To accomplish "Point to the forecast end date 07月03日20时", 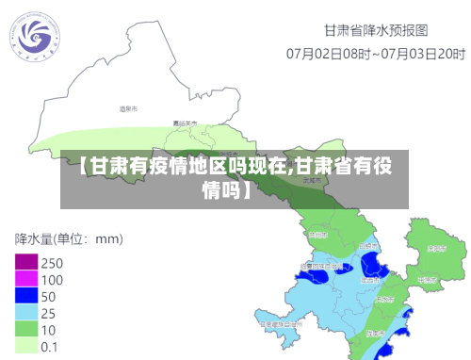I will coord(414,53).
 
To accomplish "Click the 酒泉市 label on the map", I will coord(129,109).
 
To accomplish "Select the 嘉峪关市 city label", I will coord(186,123).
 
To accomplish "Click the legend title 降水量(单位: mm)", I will coord(69,237).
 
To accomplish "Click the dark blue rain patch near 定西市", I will coord(371,264).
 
